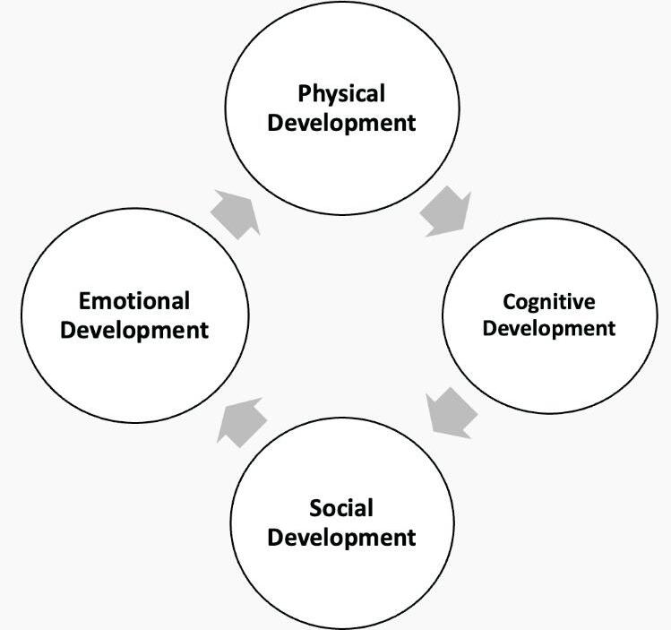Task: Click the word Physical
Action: tap(341, 93)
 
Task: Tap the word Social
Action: tap(341, 509)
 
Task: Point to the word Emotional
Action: tap(134, 300)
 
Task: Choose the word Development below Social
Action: tap(341, 538)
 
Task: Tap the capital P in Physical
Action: tap(305, 93)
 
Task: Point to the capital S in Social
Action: tap(315, 509)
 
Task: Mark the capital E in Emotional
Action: tap(84, 300)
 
